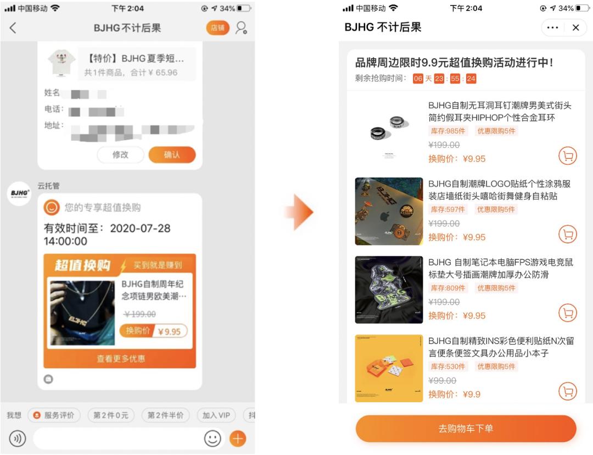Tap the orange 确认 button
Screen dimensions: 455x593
(x=172, y=155)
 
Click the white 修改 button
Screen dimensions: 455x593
(x=120, y=155)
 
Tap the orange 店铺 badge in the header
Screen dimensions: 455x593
(x=217, y=28)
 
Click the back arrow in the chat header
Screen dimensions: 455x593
(x=13, y=28)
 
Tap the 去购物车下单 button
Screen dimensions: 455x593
(x=466, y=429)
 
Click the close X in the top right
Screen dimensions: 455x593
(x=575, y=27)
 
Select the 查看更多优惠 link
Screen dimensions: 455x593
(x=121, y=359)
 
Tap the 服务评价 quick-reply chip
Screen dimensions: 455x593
(x=54, y=415)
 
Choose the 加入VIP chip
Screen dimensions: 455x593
(x=216, y=415)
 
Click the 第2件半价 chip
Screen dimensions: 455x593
(x=165, y=415)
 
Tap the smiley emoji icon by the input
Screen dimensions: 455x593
(x=212, y=439)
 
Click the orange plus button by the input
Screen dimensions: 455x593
(x=238, y=439)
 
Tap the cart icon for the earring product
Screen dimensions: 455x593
(x=568, y=156)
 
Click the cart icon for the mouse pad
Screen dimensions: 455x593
(x=568, y=313)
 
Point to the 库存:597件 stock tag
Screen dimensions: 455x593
(x=447, y=209)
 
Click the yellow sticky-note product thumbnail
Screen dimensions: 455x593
(x=389, y=368)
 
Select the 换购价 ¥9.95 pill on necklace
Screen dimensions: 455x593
(x=153, y=331)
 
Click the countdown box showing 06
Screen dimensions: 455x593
(x=418, y=79)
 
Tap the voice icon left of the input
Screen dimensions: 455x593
(x=18, y=439)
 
